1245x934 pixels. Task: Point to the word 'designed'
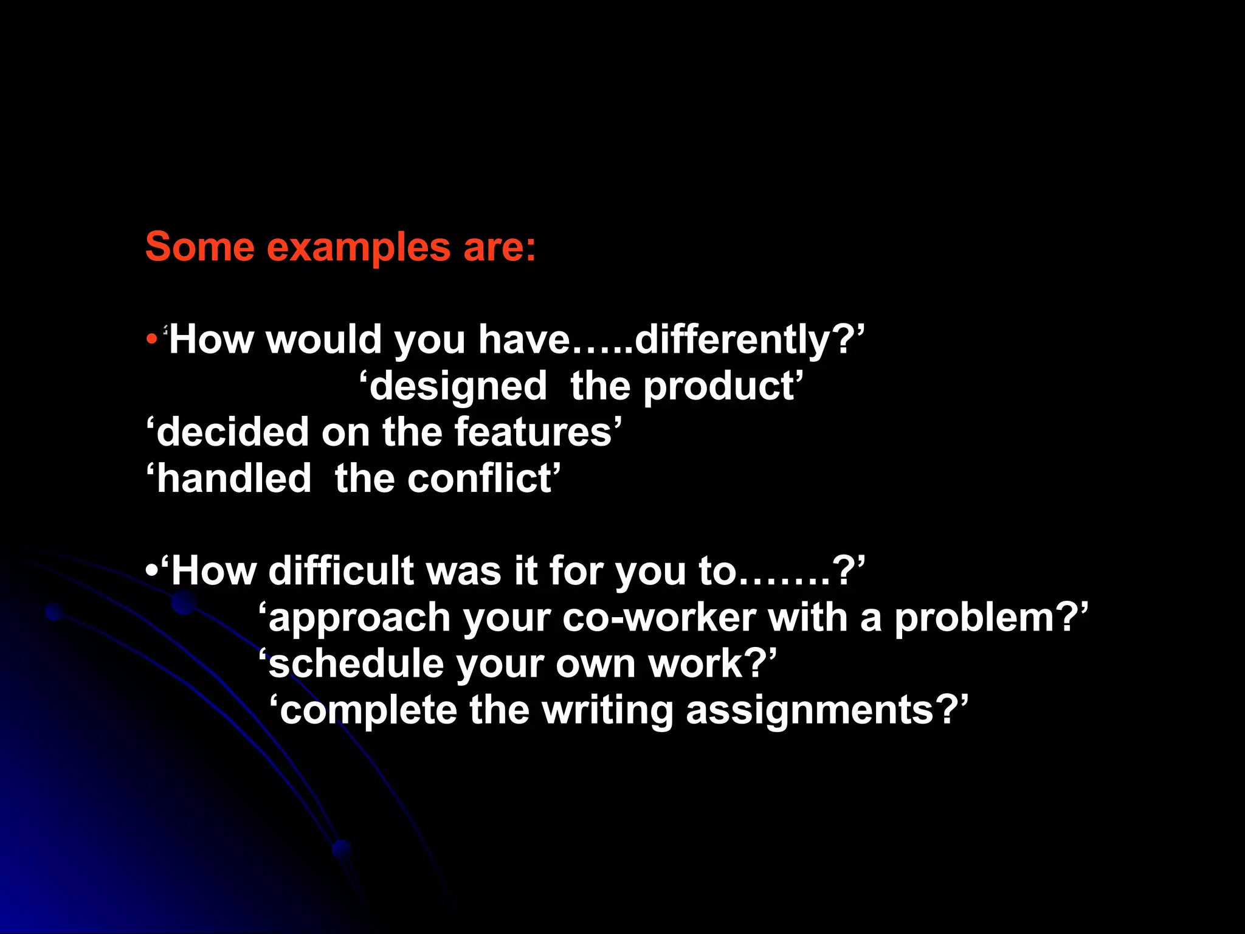(x=458, y=386)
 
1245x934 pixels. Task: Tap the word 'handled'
(x=234, y=478)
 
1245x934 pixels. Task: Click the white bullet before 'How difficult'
(x=151, y=571)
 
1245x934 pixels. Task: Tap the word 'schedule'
(x=356, y=663)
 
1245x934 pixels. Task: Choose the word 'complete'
(x=368, y=711)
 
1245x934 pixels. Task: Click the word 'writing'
(x=607, y=711)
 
